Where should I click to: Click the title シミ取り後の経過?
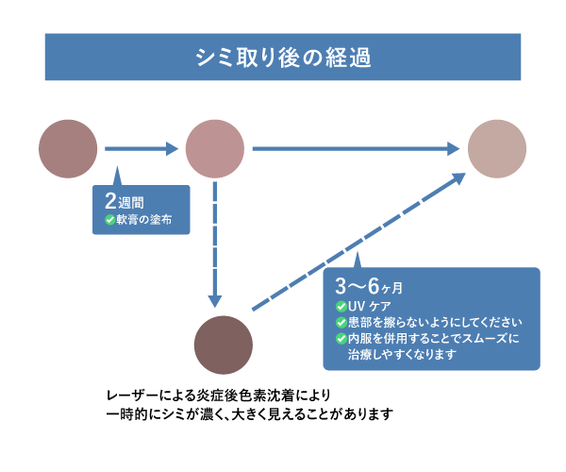click(283, 57)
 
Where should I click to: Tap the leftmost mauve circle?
click(69, 148)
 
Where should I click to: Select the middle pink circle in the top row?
click(215, 148)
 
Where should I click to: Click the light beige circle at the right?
click(497, 148)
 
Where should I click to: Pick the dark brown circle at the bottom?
click(223, 346)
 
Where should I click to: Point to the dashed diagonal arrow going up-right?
click(358, 242)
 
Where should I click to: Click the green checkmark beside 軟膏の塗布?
click(109, 221)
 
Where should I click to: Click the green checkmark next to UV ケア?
click(341, 307)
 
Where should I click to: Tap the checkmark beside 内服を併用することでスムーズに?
click(341, 338)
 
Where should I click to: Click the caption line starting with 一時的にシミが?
click(247, 413)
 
